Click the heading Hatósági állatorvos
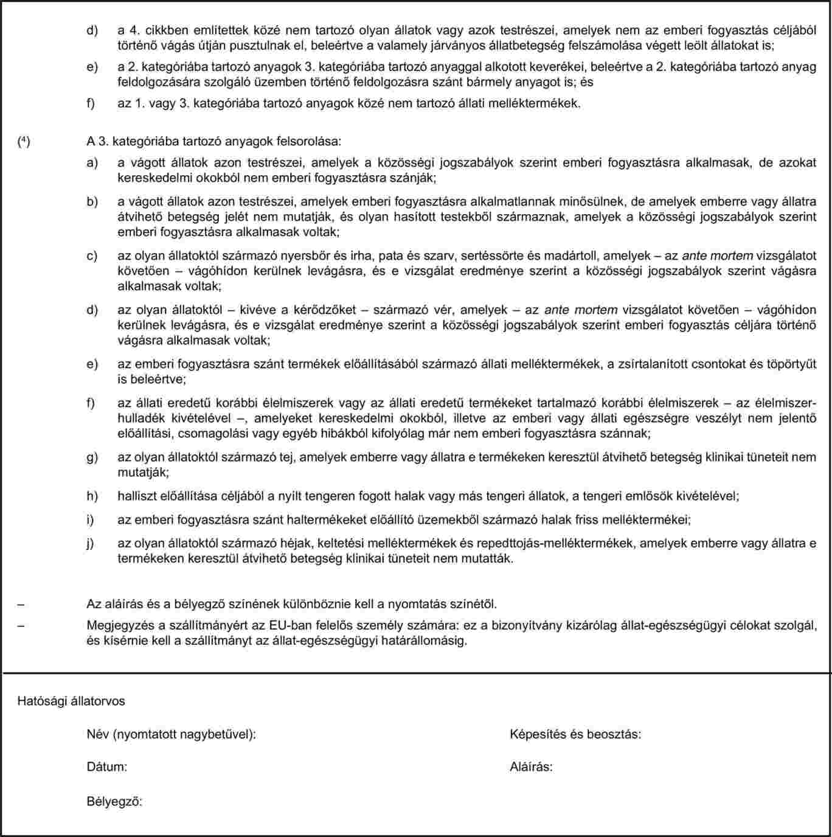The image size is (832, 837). (71, 701)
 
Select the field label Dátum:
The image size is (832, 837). (107, 766)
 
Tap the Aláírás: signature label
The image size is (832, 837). (531, 766)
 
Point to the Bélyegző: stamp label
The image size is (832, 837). (114, 802)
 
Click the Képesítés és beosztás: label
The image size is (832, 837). (575, 734)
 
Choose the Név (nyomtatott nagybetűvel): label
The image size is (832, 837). (171, 734)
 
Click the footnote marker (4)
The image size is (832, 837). (23, 142)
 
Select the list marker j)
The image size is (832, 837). (91, 544)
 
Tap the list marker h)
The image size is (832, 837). (92, 496)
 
